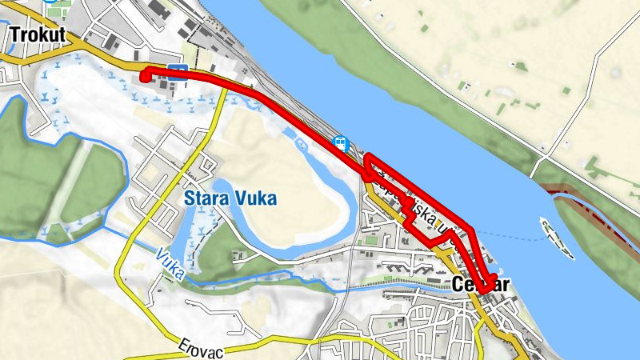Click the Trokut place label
pyautogui.click(x=36, y=34)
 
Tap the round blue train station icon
pyautogui.click(x=340, y=143)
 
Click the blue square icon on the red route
pyautogui.click(x=178, y=70)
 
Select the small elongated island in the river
pyautogui.click(x=558, y=238)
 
